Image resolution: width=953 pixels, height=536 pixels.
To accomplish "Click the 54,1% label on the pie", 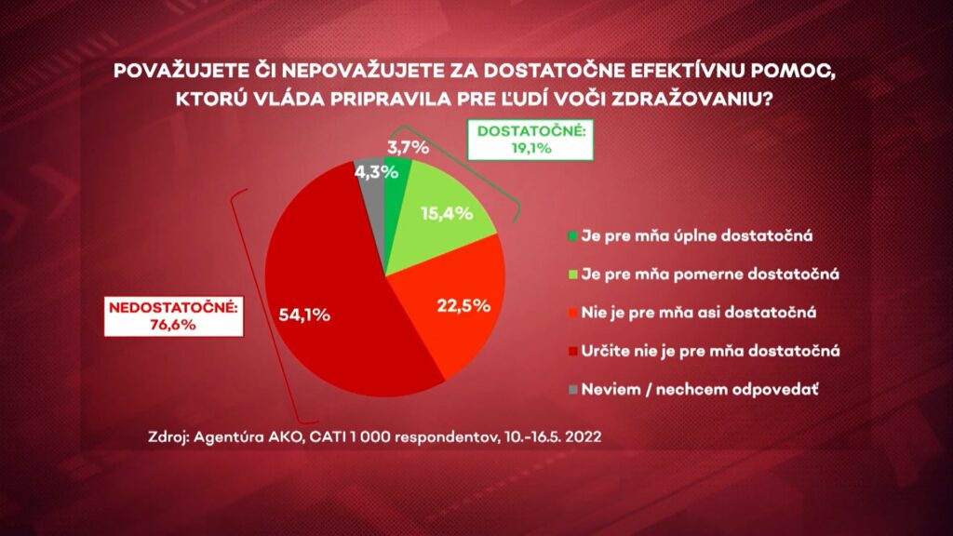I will [x=304, y=315].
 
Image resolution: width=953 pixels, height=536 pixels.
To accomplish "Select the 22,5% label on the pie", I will [x=464, y=303].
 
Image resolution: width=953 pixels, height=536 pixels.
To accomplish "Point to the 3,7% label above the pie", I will [x=406, y=146].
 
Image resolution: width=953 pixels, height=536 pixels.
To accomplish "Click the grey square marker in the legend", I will [x=572, y=389].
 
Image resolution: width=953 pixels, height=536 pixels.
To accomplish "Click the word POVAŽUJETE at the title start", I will [x=175, y=71].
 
